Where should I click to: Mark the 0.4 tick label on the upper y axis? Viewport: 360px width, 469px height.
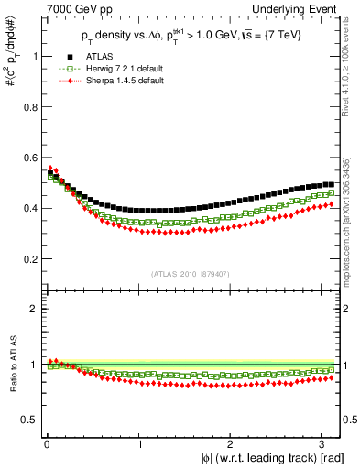tap(27, 208)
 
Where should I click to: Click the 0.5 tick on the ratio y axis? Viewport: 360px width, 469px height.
tap(27, 420)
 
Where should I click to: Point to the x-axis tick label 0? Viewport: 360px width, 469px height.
tap(46, 444)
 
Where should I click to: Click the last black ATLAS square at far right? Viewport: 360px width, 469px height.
tap(331, 184)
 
